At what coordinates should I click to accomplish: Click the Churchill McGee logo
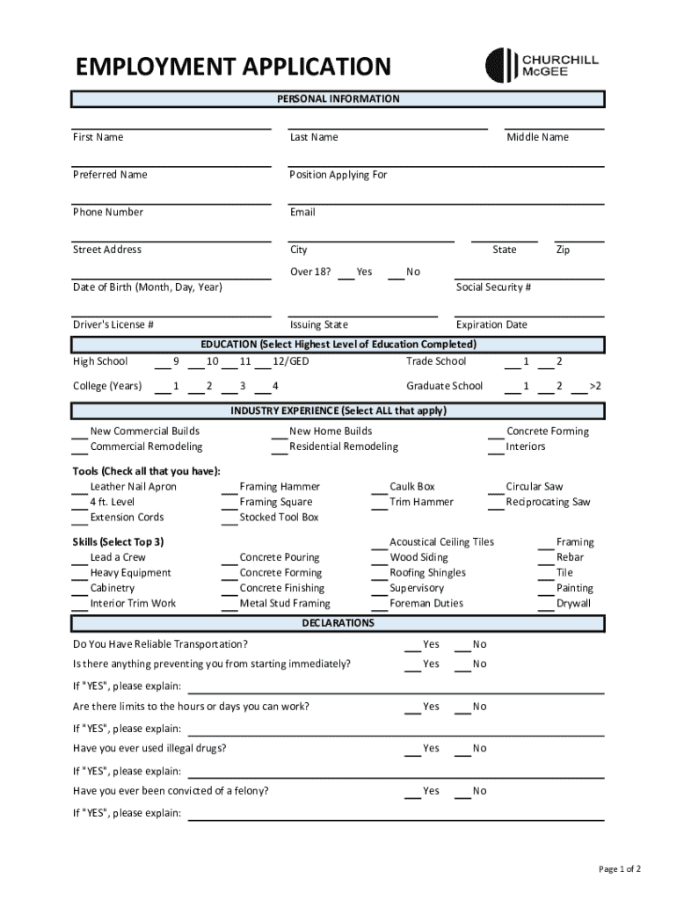point(542,64)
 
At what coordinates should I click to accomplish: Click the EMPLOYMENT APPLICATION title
point(232,67)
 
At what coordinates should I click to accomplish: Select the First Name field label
point(98,137)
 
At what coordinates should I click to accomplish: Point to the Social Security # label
point(493,287)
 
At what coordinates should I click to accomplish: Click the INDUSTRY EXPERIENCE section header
point(338,411)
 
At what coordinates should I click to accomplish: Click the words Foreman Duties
point(426,604)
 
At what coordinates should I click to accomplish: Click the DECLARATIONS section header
point(338,623)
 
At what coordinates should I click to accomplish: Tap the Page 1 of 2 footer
point(619,869)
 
